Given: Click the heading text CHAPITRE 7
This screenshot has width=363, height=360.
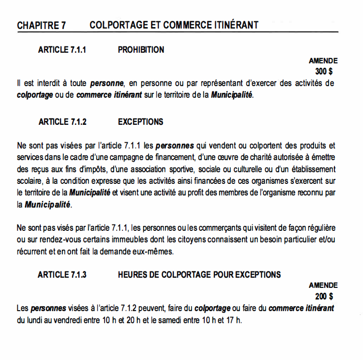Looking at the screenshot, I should pyautogui.click(x=41, y=25).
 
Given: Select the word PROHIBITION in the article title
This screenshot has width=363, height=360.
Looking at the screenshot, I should pyautogui.click(x=141, y=50).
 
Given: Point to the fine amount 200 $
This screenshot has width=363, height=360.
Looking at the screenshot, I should pyautogui.click(x=324, y=296).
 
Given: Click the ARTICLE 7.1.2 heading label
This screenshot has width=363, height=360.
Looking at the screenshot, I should pyautogui.click(x=62, y=122).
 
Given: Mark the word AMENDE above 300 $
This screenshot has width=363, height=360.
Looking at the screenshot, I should pyautogui.click(x=323, y=61).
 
